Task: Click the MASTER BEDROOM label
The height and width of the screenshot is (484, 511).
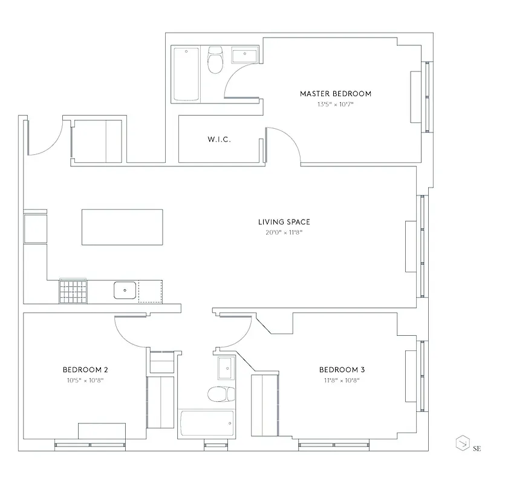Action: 335,94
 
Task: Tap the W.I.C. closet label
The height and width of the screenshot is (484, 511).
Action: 219,140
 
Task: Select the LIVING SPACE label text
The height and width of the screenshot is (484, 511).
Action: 284,222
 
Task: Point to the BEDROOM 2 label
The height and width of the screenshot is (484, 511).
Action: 85,370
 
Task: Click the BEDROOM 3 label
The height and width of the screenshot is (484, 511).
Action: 342,370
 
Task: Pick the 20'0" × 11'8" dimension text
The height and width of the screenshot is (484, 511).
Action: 284,232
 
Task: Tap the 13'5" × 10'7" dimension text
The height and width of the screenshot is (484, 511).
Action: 335,104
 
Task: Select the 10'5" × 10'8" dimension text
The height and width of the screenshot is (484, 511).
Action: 85,380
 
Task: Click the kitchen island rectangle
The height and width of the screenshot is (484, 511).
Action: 122,227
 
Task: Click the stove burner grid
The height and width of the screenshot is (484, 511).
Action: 73,291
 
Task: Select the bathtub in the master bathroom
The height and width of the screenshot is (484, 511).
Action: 186,74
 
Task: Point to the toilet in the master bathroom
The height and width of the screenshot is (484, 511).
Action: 215,61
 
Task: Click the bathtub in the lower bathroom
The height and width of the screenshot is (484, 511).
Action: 206,423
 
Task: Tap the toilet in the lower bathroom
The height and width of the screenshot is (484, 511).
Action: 220,394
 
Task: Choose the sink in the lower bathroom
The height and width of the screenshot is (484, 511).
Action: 226,368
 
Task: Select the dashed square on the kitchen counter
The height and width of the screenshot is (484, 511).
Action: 150,291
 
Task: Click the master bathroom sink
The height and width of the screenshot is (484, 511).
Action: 245,55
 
